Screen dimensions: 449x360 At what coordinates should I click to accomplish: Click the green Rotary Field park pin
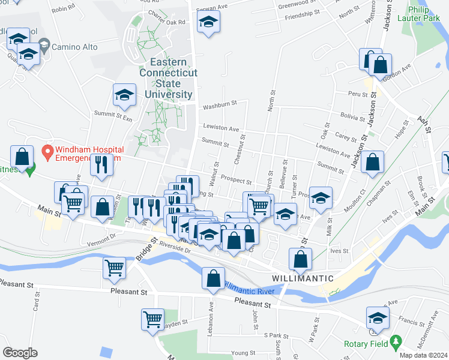[x=395, y=342]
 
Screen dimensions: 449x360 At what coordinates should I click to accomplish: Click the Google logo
[x=20, y=353]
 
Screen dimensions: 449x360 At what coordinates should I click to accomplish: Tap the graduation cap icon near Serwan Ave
[x=208, y=23]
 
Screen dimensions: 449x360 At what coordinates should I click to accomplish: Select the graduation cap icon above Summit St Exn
[x=124, y=95]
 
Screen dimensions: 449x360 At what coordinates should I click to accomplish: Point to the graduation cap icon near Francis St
[x=378, y=317]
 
